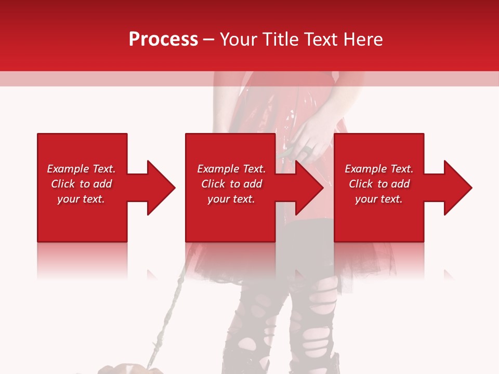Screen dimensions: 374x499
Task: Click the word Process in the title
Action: (163, 39)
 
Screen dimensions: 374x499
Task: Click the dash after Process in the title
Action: (209, 40)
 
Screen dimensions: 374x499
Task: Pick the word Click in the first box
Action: (63, 184)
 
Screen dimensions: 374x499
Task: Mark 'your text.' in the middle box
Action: (231, 199)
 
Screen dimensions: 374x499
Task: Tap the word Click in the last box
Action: (361, 184)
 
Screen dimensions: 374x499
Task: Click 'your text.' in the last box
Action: (378, 199)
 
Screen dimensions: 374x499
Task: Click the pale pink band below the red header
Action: (104, 78)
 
